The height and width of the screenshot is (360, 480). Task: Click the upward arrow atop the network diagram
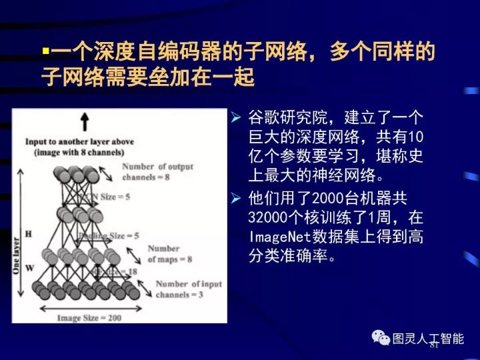[85, 121]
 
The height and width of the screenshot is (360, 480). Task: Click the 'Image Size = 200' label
[89, 317]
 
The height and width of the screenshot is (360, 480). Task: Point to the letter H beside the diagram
[28, 234]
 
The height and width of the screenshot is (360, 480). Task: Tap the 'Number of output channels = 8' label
[157, 172]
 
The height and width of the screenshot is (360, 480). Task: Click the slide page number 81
[434, 345]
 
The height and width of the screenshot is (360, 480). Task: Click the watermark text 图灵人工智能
[428, 339]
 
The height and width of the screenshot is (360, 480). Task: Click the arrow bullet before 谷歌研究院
[235, 119]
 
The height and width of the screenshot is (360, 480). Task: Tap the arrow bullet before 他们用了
[235, 198]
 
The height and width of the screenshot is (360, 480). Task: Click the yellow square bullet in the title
[45, 53]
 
